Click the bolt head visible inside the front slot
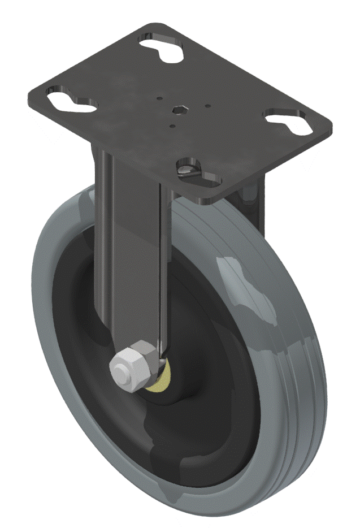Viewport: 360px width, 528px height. (x=187, y=168)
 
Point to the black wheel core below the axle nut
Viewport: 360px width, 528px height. (x=170, y=441)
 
